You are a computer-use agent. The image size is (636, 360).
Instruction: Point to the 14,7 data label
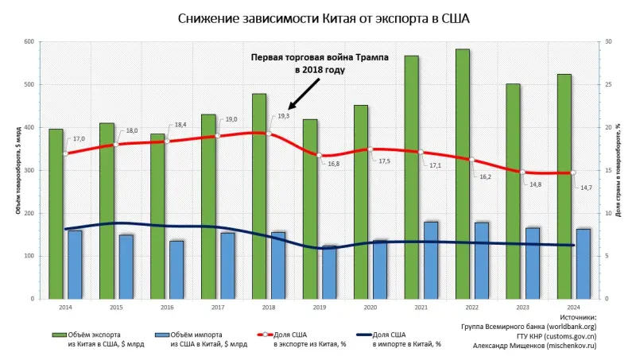587,188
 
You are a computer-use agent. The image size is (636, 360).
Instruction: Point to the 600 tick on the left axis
30,41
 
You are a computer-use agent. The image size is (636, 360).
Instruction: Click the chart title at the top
318,18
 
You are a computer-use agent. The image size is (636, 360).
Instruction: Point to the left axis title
17,170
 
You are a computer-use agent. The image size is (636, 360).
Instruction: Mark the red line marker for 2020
369,149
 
